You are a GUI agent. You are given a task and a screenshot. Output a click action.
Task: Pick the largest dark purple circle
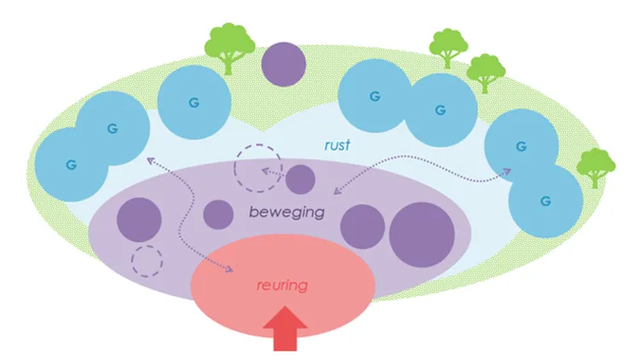pos(422,230)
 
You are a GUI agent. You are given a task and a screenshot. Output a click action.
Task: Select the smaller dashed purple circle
pos(147,260)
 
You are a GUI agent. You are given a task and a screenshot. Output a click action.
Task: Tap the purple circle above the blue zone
pos(284,64)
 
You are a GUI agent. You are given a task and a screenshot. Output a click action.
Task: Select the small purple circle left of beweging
pos(218,214)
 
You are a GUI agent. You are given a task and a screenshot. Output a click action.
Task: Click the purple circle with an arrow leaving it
pos(300,180)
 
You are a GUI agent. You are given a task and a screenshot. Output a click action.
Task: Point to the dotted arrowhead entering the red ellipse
pos(230,270)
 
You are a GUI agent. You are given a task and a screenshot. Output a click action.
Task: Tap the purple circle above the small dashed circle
pos(138,218)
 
